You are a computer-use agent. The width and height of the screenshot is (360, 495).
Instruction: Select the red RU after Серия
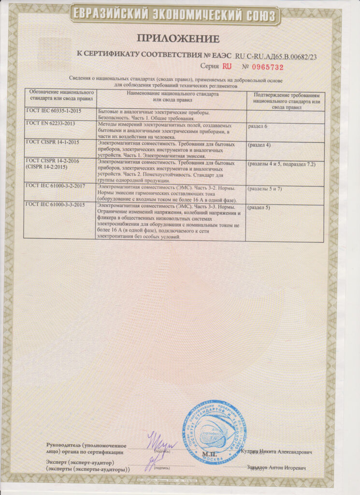tap(228, 67)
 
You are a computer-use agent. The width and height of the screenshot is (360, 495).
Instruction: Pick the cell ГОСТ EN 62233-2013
tap(48, 124)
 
